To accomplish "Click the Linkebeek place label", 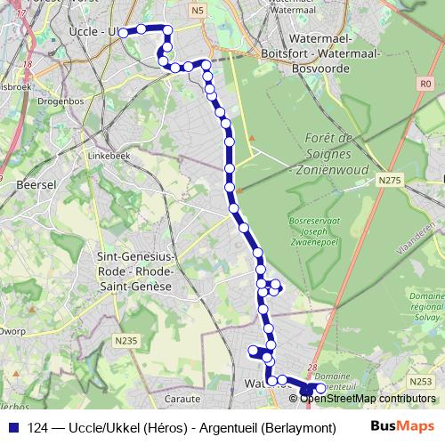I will coord(104,155).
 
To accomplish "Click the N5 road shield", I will coord(198,10).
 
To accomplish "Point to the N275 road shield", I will coord(389,181).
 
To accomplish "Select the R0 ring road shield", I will coord(425,84).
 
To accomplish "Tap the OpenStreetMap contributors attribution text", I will coord(367,398).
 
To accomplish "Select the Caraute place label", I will coord(182,399).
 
